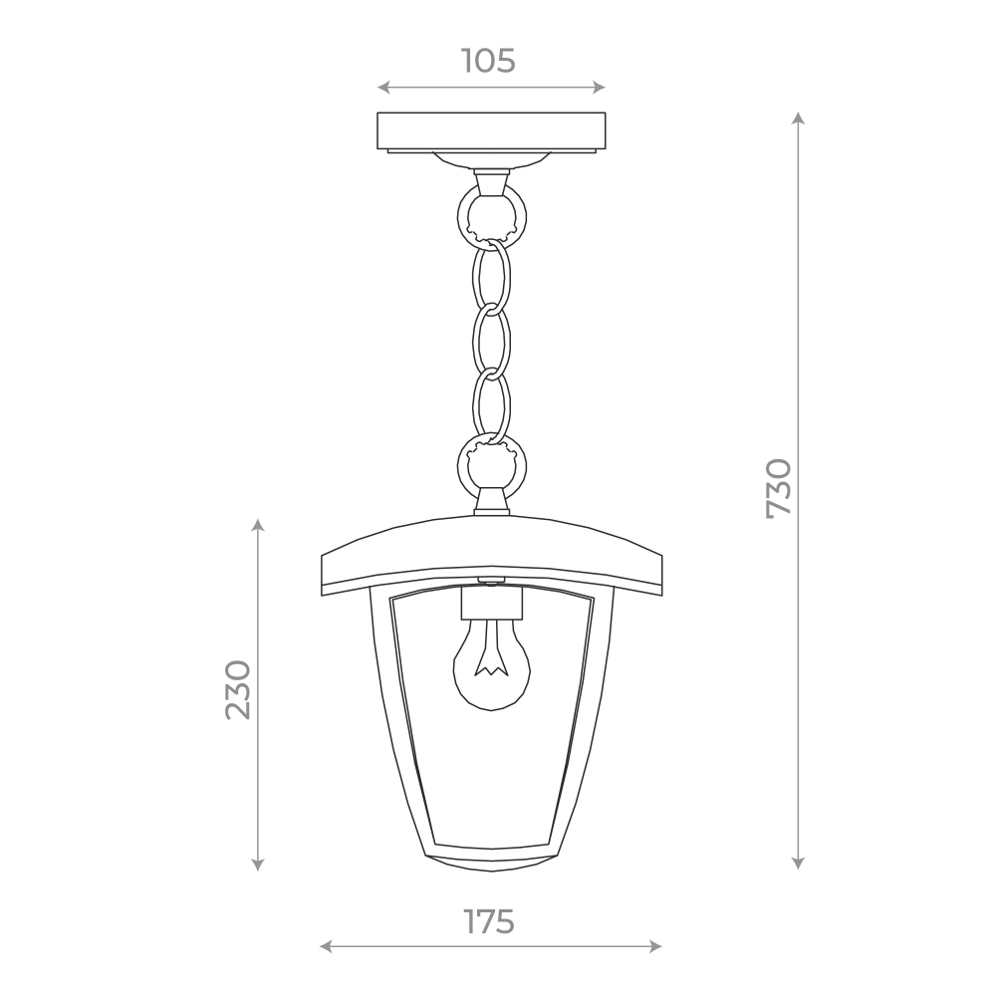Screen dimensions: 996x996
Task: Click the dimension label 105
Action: [488, 61]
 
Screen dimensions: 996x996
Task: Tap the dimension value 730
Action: [779, 488]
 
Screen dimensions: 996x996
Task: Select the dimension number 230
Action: [239, 690]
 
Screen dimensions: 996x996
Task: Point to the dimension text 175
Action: [488, 921]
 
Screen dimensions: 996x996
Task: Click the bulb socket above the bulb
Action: [491, 603]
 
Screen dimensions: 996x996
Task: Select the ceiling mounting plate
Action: [491, 132]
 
